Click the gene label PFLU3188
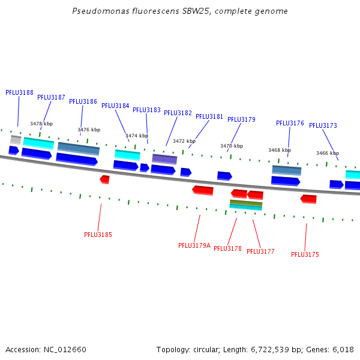point(19,92)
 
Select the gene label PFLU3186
point(83,101)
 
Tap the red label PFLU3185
point(98,235)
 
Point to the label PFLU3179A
point(194,245)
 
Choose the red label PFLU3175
point(305,254)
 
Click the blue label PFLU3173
point(323,125)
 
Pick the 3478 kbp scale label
point(41,124)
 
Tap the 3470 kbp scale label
point(232,146)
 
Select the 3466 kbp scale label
point(328,153)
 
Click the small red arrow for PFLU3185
point(104,179)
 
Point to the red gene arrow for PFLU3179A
point(203,190)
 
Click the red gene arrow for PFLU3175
point(308,199)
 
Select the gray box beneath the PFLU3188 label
point(16,140)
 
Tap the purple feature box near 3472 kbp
point(164,159)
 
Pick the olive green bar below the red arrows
point(246,203)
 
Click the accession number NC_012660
point(65,349)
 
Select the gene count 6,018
point(343,349)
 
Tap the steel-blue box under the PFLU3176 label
point(287,170)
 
